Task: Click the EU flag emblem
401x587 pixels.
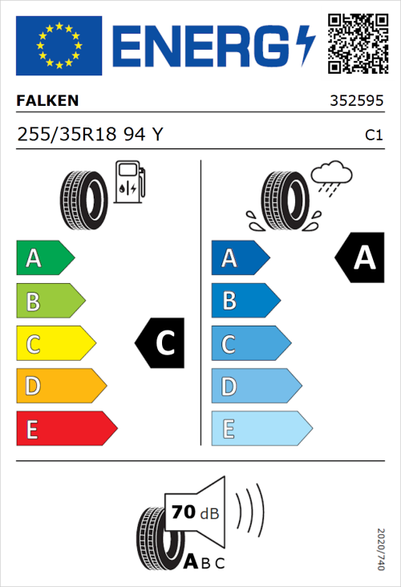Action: point(59,45)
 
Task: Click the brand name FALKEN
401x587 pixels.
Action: point(47,102)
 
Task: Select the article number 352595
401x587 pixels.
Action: point(355,102)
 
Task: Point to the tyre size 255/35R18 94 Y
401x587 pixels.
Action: point(89,135)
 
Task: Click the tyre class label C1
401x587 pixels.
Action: point(373,136)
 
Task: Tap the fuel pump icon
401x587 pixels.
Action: point(129,182)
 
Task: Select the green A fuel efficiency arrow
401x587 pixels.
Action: point(44,258)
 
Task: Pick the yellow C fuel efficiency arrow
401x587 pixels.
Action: point(55,344)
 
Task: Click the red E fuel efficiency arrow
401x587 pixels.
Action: point(66,429)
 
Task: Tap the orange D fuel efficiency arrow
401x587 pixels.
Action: point(60,387)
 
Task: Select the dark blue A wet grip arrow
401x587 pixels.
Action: point(240,258)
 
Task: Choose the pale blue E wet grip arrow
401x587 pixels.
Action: point(261,429)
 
